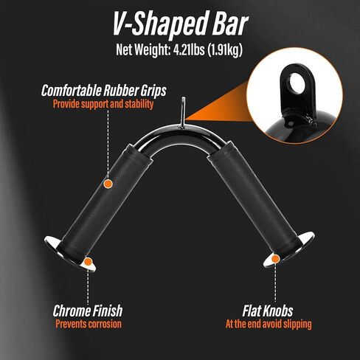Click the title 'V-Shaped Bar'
coord(181,24)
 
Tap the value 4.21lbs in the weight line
coord(189,49)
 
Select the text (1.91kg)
coord(225,50)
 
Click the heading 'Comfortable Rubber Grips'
coord(104,91)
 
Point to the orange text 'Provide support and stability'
coord(103,104)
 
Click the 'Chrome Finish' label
coord(88,311)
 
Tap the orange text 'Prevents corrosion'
coord(89,324)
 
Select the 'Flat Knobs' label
coord(268,311)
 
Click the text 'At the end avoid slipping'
coord(269,324)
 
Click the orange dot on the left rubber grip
coord(108,184)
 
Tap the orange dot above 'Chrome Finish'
coord(88,262)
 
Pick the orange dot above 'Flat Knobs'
coord(275,259)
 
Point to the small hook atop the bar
coord(182,113)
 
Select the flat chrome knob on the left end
coord(70,253)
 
